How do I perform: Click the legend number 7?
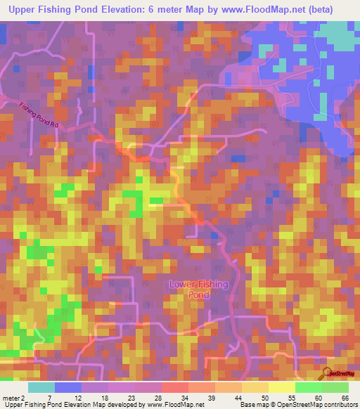[49, 398]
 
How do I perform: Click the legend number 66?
[345, 398]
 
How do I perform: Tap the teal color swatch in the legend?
[41, 387]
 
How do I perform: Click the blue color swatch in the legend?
[68, 387]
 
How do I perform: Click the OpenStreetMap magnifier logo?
[326, 373]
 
